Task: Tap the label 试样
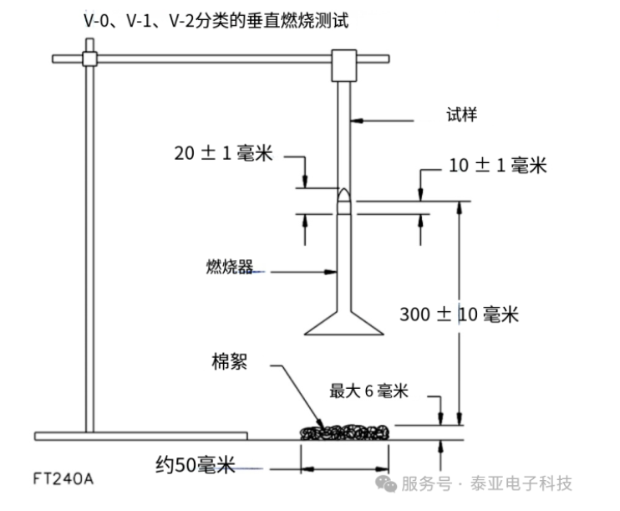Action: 461,115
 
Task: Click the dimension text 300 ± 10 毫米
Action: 459,315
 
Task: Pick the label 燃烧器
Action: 230,267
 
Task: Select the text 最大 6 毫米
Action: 368,391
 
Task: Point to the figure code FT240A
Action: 64,479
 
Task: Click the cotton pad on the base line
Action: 344,431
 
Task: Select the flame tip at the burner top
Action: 343,196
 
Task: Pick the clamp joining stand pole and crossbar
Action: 90,59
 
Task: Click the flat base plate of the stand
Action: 141,437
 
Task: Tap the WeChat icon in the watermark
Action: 386,483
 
